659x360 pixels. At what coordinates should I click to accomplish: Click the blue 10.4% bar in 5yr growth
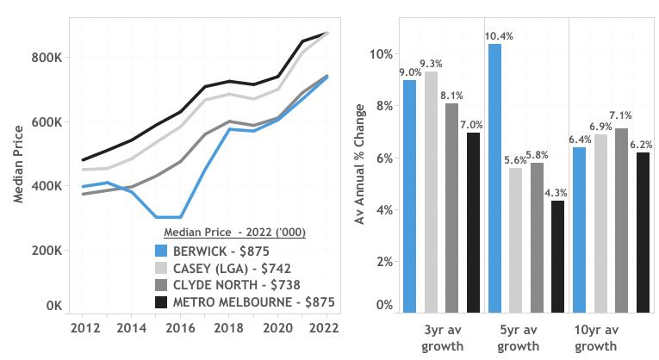pyautogui.click(x=494, y=177)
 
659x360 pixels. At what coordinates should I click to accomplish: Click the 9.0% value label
pyautogui.click(x=409, y=72)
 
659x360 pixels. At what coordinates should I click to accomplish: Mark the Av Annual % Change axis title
pyautogui.click(x=361, y=164)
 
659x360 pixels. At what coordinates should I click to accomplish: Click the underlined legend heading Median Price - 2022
pyautogui.click(x=235, y=233)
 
